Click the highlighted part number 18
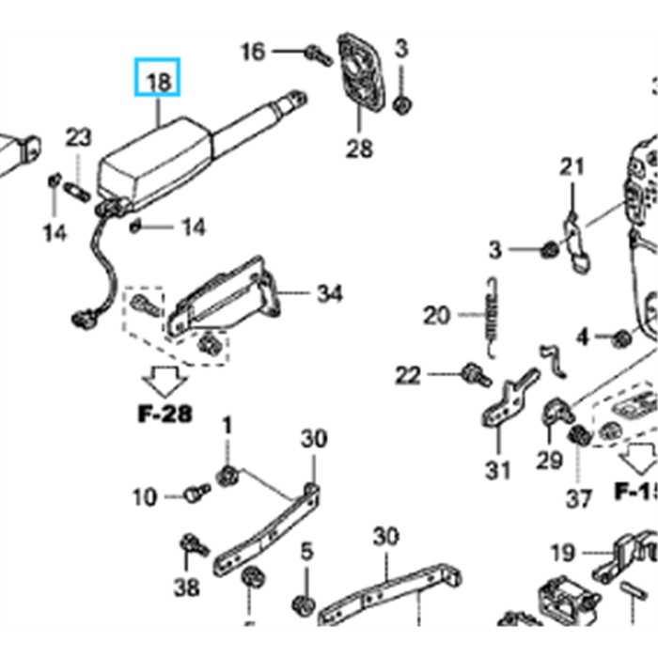point(159,82)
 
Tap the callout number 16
point(253,51)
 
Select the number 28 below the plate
point(359,148)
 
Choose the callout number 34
point(329,294)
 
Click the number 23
point(79,138)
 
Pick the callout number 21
point(572,167)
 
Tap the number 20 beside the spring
point(437,315)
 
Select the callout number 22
point(408,376)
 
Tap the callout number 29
point(549,461)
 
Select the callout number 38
point(187,588)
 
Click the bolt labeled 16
point(318,55)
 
